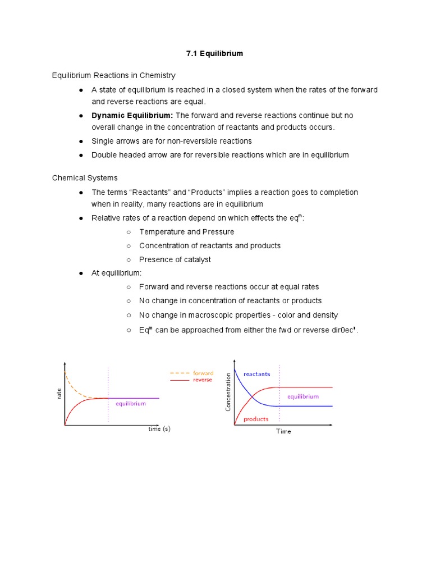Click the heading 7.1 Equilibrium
[x=215, y=54]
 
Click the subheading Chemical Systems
[x=85, y=178]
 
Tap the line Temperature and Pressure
[x=187, y=232]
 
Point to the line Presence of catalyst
[x=175, y=259]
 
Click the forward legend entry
[x=203, y=373]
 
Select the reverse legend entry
[x=203, y=380]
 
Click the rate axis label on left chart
[x=59, y=395]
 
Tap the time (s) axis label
[x=159, y=430]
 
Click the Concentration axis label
[x=228, y=391]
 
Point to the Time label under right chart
[x=283, y=432]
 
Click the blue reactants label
[x=256, y=374]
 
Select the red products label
[x=255, y=419]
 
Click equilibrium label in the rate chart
[x=131, y=404]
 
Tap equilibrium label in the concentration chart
[x=303, y=396]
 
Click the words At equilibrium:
[x=117, y=273]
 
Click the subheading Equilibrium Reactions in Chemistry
[x=114, y=75]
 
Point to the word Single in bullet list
[x=103, y=141]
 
